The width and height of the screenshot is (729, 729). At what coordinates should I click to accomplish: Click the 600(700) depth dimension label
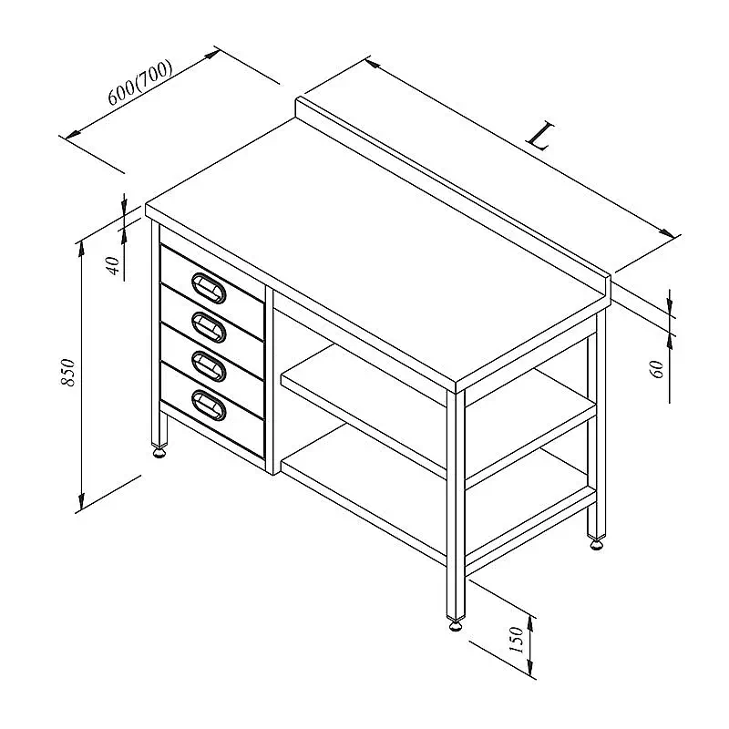click(x=140, y=82)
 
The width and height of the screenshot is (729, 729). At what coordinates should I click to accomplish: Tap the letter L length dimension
click(x=539, y=136)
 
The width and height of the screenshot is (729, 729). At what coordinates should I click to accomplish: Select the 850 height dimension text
click(x=67, y=372)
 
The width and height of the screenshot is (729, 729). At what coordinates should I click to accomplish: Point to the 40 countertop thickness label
click(x=114, y=265)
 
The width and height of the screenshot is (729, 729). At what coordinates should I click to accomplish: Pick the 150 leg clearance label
click(x=517, y=640)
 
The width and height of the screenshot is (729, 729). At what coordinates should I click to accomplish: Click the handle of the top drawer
click(x=209, y=288)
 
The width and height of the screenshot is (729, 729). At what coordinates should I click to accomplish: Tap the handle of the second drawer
click(x=209, y=327)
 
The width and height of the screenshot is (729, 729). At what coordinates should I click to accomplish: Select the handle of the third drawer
click(x=209, y=366)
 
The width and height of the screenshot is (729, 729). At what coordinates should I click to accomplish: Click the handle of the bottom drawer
click(x=209, y=406)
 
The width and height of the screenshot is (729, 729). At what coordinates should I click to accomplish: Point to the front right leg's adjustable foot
click(x=456, y=625)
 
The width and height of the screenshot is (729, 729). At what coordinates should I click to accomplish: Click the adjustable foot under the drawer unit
click(x=159, y=452)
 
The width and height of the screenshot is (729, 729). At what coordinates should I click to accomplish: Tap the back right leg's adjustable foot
click(x=597, y=543)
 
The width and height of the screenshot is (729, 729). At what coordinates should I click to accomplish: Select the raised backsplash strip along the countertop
click(x=453, y=194)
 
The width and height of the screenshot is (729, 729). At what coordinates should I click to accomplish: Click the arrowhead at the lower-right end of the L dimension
click(x=668, y=232)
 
